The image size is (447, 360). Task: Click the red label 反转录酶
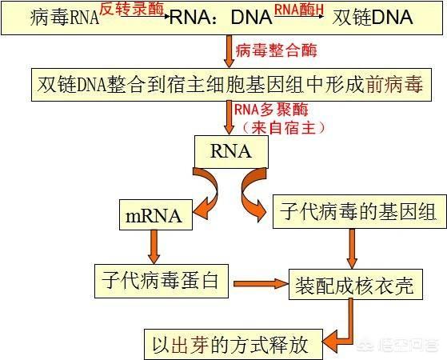point(132,9)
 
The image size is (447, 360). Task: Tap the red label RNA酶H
point(299,10)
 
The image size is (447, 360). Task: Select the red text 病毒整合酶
point(276,50)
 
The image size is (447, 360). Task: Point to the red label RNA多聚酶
point(271,110)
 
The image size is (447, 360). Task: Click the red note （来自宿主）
point(284,127)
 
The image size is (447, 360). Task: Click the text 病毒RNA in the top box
point(65,18)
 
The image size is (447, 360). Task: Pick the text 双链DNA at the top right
point(373,17)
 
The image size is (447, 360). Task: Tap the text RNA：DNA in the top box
point(222,17)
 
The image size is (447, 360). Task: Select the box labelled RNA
point(231,151)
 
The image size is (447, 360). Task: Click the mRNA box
point(156,215)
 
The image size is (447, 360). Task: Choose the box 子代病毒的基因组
point(360,212)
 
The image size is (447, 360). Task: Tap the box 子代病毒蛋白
point(162,281)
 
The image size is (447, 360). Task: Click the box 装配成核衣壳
point(356,284)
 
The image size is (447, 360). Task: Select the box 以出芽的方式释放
point(233,344)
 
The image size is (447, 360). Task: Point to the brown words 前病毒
point(394,85)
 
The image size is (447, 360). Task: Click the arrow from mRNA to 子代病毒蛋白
point(154,246)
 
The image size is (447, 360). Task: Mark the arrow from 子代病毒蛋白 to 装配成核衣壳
point(261,283)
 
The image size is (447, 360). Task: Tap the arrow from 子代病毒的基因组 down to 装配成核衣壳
point(352,249)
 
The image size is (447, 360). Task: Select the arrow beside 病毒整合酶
point(229,51)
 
